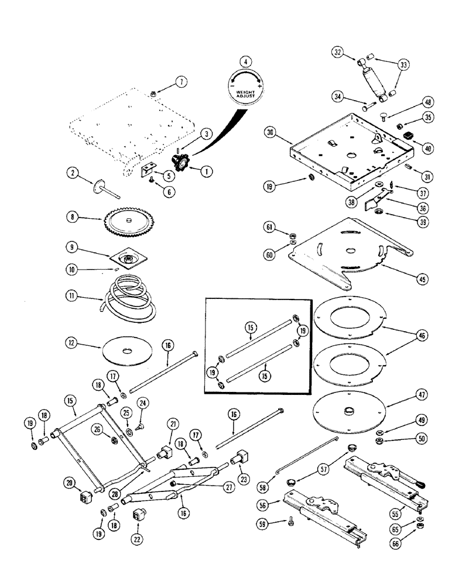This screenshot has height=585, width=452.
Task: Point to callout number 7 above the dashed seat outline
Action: [x=182, y=82]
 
